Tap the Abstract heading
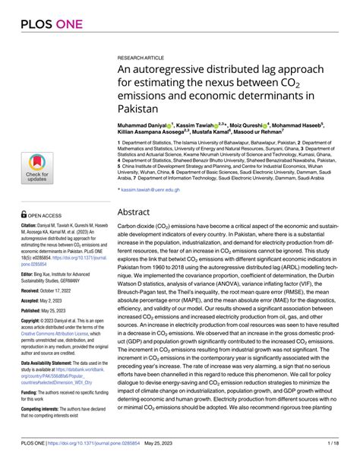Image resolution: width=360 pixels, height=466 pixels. [x=139, y=214]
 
